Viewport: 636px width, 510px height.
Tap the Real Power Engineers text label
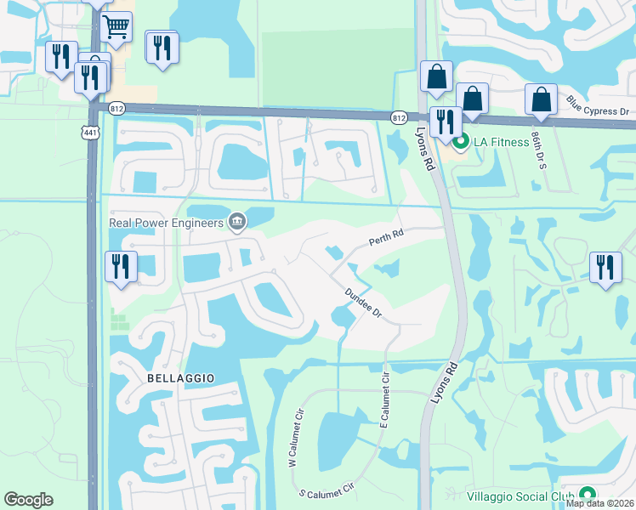[x=166, y=224]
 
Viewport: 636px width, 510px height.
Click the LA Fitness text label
[x=501, y=142]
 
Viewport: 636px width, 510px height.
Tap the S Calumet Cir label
[x=326, y=492]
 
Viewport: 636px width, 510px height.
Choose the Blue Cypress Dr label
[x=597, y=106]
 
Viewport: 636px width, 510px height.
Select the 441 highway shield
[x=90, y=131]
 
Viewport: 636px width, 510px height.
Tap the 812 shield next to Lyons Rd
[x=399, y=117]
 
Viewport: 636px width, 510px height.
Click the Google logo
[x=28, y=500]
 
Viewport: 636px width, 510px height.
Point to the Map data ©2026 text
[x=600, y=503]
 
